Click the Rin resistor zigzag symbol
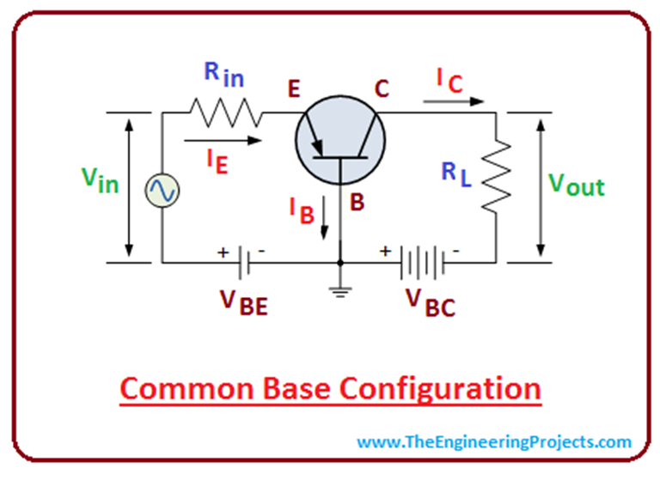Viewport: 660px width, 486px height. click(224, 112)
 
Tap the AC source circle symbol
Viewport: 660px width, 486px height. click(161, 190)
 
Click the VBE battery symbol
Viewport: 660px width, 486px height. click(242, 261)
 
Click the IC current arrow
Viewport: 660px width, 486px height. click(453, 100)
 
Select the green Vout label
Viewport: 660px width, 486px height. click(576, 184)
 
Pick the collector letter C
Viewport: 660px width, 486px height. click(382, 88)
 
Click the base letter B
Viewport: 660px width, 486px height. click(357, 204)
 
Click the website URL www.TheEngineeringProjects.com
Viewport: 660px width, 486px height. click(494, 442)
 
